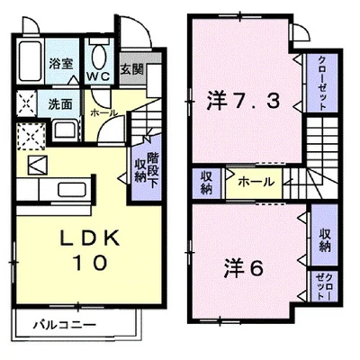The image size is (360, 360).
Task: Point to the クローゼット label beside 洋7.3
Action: (319, 82)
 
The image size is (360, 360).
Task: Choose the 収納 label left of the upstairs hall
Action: (207, 182)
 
